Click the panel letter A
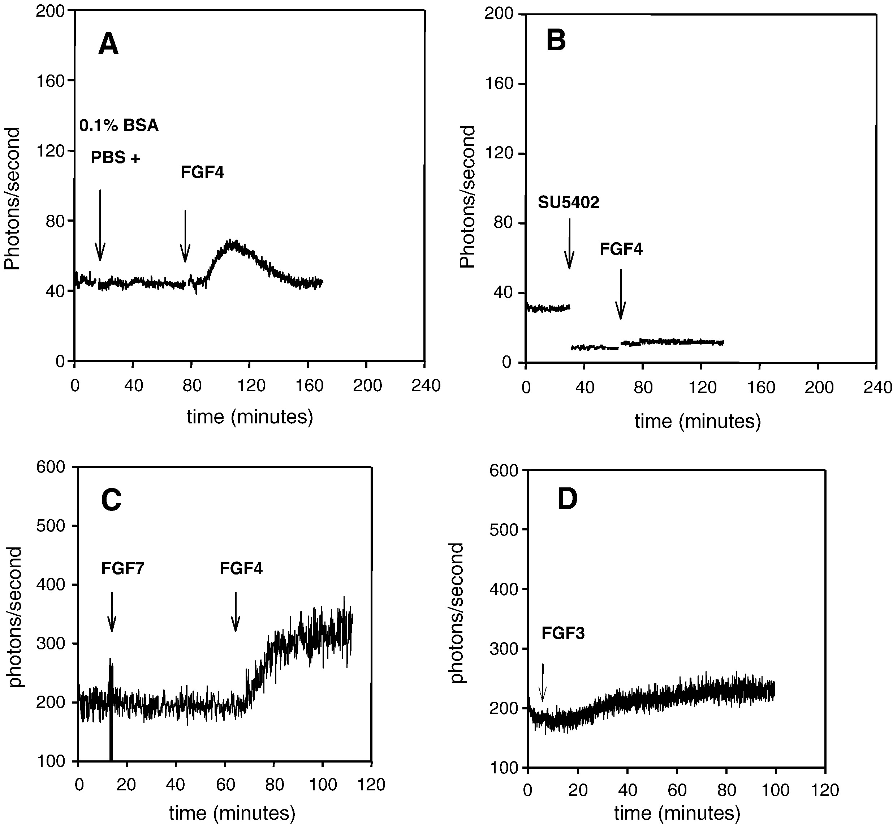pos(108,45)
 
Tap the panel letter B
pos(556,40)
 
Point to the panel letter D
pos(568,499)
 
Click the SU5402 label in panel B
pos(568,203)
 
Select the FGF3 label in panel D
pos(563,633)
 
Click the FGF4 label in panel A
pos(202,172)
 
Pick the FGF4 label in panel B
pos(621,249)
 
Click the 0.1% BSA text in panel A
pos(119,126)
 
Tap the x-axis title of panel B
pos(698,421)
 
